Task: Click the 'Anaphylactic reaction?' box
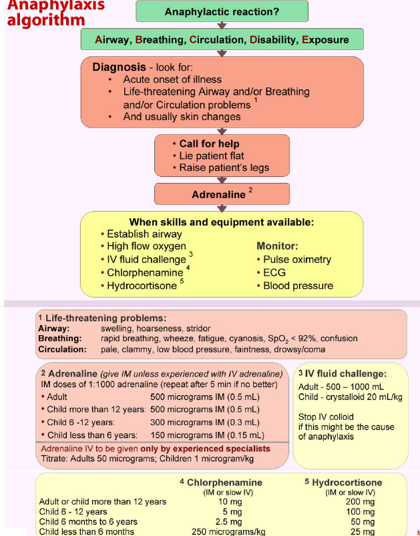pos(222,11)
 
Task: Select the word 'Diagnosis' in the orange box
pos(119,67)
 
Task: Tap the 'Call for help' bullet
pos(209,144)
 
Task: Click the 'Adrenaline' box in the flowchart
pos(218,194)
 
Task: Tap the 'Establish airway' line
pos(144,234)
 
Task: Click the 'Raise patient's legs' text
pos(224,168)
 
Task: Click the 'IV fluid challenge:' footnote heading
pos(342,374)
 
